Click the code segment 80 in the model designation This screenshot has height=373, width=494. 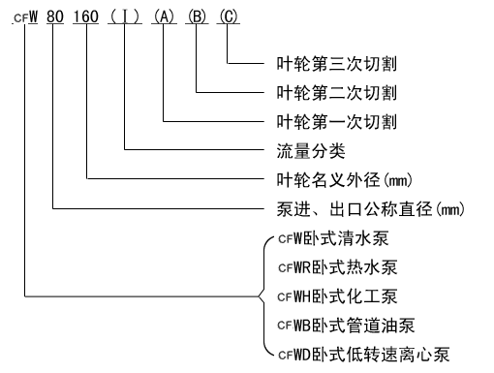59,18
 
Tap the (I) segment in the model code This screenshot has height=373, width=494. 125,18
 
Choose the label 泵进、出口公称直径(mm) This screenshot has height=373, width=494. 367,207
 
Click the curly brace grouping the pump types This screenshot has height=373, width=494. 262,295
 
